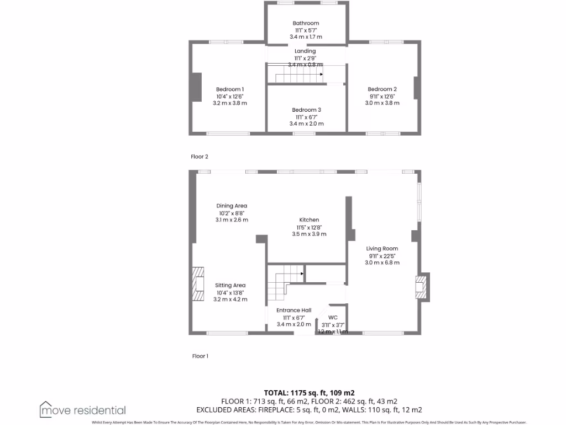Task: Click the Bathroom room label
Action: click(x=306, y=23)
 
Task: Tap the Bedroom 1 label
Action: click(x=229, y=89)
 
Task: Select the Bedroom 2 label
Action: click(x=382, y=89)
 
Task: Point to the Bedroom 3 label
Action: click(x=306, y=110)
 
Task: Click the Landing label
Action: click(x=305, y=51)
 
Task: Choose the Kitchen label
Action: click(x=309, y=220)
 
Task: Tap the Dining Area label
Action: click(x=232, y=206)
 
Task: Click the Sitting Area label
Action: click(x=230, y=286)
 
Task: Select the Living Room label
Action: click(x=382, y=248)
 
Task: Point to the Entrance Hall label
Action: click(x=294, y=310)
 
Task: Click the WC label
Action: click(x=333, y=318)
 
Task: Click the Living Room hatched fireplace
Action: click(x=422, y=287)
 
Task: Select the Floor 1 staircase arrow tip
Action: click(x=302, y=273)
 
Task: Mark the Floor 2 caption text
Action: click(x=200, y=157)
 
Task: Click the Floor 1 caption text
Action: click(x=200, y=356)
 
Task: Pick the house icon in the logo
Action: click(x=46, y=409)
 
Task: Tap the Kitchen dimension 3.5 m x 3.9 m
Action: click(x=309, y=234)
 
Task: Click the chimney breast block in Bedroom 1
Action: click(x=196, y=87)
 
